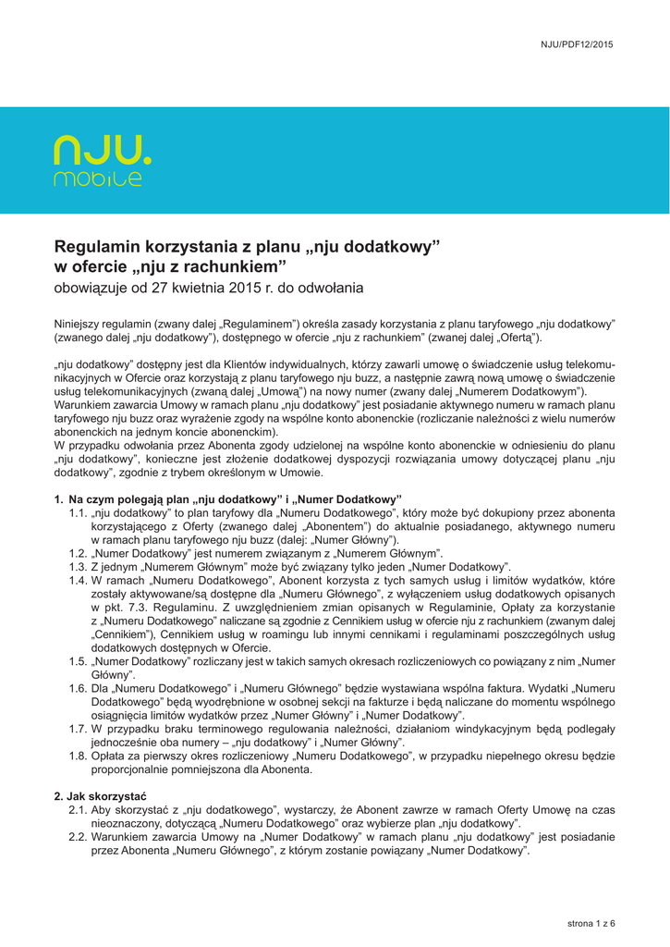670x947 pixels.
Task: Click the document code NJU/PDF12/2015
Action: [578, 44]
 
